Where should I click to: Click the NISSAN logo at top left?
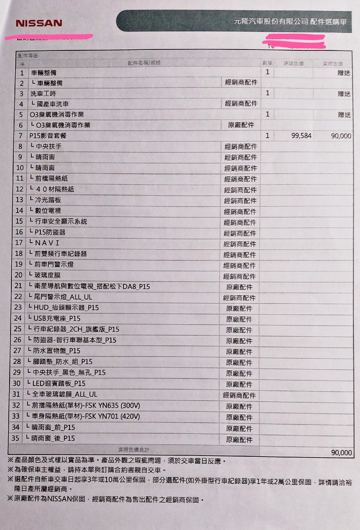pos(39,23)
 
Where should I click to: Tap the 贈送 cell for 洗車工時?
pos(344,94)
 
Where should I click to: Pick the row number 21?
pos(18,286)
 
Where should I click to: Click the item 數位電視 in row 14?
pos(48,211)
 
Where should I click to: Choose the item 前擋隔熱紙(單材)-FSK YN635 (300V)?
pos(85,405)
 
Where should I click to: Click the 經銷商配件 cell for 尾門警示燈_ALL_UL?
pos(240,297)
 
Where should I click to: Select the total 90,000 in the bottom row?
pos(341,452)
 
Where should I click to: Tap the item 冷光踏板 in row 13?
pos(48,200)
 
